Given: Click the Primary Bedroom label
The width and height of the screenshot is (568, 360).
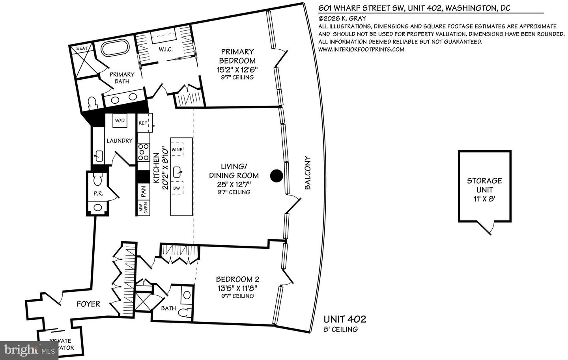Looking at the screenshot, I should (237, 56).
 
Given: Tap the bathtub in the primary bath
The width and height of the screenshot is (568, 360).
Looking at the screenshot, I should (115, 49).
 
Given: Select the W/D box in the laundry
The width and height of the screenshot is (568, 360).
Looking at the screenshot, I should (120, 121).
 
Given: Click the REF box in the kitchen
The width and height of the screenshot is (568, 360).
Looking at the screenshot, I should (143, 123).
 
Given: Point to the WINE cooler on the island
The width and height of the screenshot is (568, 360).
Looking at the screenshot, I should (177, 149).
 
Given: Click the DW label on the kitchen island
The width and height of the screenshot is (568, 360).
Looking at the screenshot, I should (177, 188).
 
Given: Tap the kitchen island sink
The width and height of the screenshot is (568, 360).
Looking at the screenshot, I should (177, 172).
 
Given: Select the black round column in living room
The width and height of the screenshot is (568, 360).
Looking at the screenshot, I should (277, 175).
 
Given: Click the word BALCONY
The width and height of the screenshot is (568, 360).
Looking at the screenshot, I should (308, 173).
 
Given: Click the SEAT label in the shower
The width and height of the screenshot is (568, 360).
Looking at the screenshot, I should (82, 48).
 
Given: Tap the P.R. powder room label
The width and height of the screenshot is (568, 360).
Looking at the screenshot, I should (98, 194).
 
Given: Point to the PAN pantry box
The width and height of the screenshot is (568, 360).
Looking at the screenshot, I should (143, 191).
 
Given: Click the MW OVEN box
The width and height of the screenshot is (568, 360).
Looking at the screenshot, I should (143, 208).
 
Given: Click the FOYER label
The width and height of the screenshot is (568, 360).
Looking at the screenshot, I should (88, 304).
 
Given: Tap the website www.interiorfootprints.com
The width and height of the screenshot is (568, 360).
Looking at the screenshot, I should (361, 49).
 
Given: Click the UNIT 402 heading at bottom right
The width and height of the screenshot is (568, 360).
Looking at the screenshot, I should (344, 319).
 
